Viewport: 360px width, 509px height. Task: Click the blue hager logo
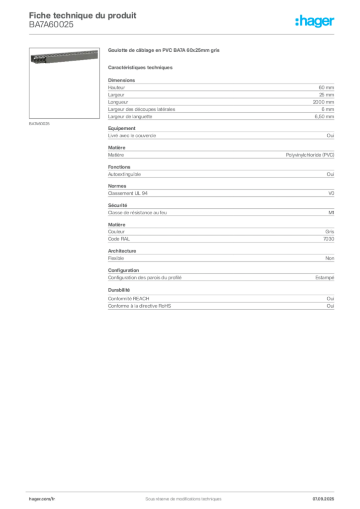[316, 22]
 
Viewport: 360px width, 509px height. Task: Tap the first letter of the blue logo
[296, 22]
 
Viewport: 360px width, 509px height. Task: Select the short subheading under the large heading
[141, 67]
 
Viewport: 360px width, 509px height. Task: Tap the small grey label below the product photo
[40, 123]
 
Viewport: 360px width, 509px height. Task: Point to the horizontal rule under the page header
[183, 34]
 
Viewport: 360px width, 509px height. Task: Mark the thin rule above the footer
[183, 490]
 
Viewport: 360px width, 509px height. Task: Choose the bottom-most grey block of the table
[220, 300]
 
